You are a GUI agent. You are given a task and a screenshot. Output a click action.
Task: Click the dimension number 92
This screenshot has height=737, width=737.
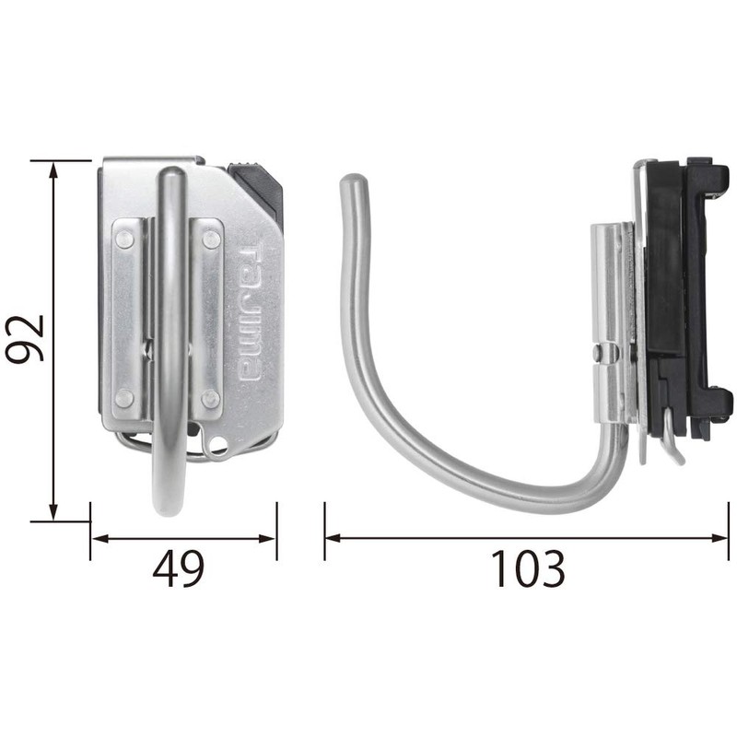coord(25,338)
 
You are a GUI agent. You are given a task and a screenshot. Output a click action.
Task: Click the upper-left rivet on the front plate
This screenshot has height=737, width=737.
coord(124,240)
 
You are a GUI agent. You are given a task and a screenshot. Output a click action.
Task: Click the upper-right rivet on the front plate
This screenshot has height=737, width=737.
coord(211,240)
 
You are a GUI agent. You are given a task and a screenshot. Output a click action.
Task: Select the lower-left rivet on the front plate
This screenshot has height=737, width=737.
coord(124,398)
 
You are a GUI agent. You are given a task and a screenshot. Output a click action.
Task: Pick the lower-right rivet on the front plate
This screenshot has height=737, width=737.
coord(211,398)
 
